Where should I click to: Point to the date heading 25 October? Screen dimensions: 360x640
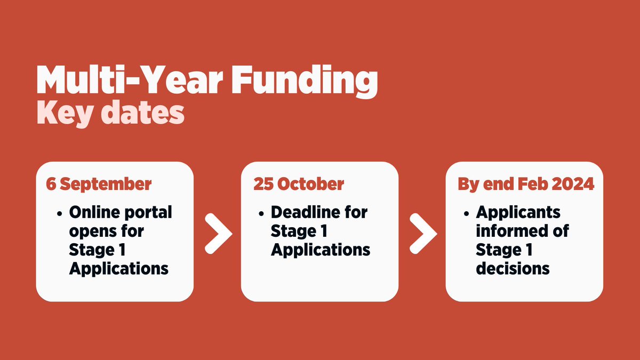[x=299, y=184]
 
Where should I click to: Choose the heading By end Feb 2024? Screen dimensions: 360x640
[x=526, y=184]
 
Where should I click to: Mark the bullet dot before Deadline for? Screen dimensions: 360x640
[x=261, y=213]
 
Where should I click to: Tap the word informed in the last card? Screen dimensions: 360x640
[x=509, y=231]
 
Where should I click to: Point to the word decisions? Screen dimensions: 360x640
[x=513, y=268]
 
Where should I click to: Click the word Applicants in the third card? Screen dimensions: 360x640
[x=518, y=212]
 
